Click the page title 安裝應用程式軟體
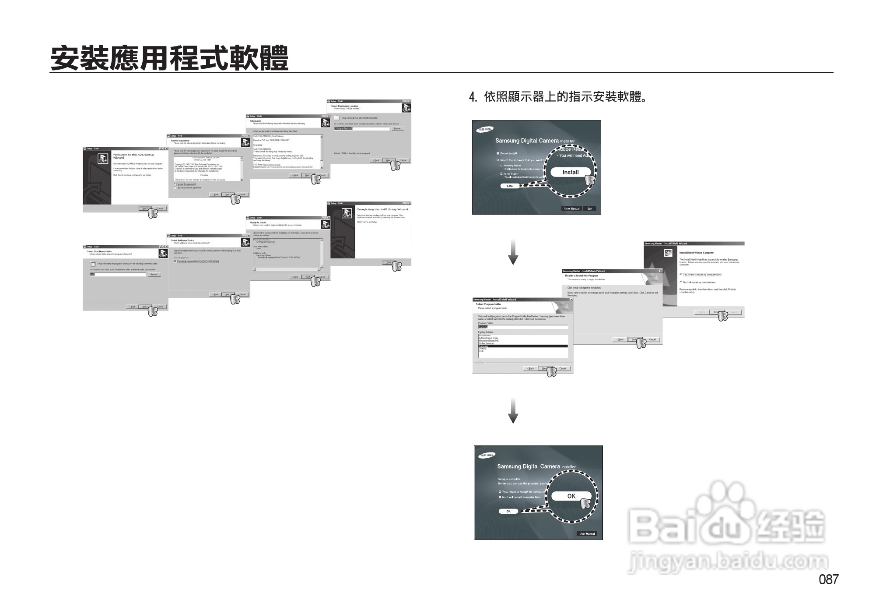(x=169, y=58)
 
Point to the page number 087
(x=828, y=579)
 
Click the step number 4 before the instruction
(x=472, y=97)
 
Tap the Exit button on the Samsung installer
(x=590, y=208)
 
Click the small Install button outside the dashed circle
(x=510, y=186)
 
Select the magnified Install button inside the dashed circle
(x=570, y=172)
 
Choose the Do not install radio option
(x=498, y=153)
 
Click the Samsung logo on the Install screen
(x=484, y=129)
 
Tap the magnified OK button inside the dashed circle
(x=571, y=496)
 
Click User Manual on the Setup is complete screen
(x=587, y=533)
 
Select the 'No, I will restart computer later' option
(x=500, y=497)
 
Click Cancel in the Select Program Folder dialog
(x=563, y=368)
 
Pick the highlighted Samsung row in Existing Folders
(x=523, y=346)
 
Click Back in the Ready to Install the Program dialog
(x=620, y=339)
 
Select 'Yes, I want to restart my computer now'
(x=681, y=275)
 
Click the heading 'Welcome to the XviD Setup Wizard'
(x=133, y=156)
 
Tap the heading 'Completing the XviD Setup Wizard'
(x=382, y=209)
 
